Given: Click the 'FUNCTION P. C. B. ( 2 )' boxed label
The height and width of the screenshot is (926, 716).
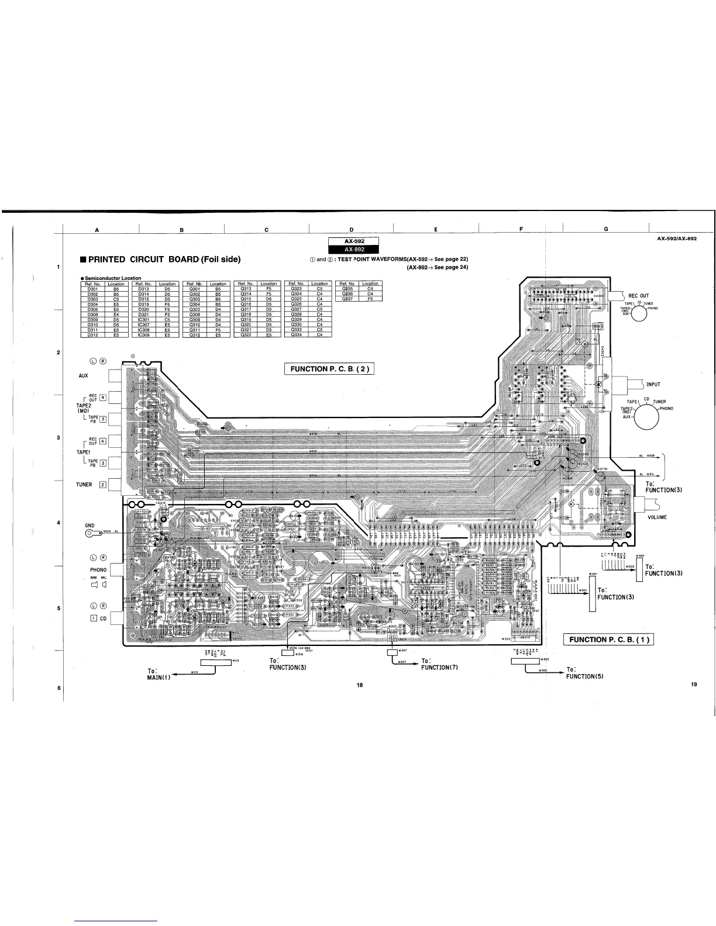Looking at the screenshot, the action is pyautogui.click(x=329, y=368).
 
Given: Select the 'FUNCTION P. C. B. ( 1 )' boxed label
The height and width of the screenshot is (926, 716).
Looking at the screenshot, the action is pyautogui.click(x=608, y=639).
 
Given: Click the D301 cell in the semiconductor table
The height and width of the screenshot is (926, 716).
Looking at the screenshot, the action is pyautogui.click(x=92, y=289).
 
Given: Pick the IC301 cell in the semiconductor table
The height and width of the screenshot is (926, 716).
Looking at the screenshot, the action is pyautogui.click(x=143, y=320).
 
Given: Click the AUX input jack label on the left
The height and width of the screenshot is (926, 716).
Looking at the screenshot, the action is pyautogui.click(x=83, y=375).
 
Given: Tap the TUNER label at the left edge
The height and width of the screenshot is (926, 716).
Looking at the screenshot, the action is pyautogui.click(x=84, y=485).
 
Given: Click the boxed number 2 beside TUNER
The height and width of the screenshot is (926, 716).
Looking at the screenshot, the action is pyautogui.click(x=102, y=485).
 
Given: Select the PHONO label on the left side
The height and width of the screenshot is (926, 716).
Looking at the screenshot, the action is pyautogui.click(x=98, y=569).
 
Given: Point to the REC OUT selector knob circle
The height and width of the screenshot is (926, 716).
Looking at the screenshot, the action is pyautogui.click(x=639, y=313).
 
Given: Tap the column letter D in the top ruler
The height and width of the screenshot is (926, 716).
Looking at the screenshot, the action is pyautogui.click(x=352, y=229).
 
